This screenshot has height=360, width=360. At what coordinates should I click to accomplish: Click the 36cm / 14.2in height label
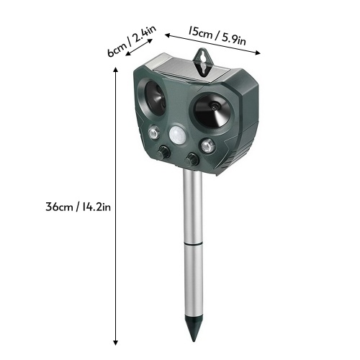pyautogui.click(x=78, y=207)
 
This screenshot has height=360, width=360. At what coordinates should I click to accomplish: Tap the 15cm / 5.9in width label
pyautogui.click(x=217, y=36)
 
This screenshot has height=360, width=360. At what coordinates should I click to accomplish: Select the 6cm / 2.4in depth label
pyautogui.click(x=132, y=41)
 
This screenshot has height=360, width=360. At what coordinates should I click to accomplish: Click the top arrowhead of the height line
pyautogui.click(x=116, y=70)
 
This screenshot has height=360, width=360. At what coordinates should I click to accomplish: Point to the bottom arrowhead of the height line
pyautogui.click(x=116, y=343)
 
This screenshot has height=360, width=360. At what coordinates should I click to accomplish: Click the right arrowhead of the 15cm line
pyautogui.click(x=258, y=53)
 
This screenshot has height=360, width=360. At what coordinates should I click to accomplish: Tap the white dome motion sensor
pyautogui.click(x=178, y=135)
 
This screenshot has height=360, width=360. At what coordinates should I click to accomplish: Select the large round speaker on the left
pyautogui.click(x=155, y=98)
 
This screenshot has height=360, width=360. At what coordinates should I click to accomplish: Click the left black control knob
pyautogui.click(x=163, y=152)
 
